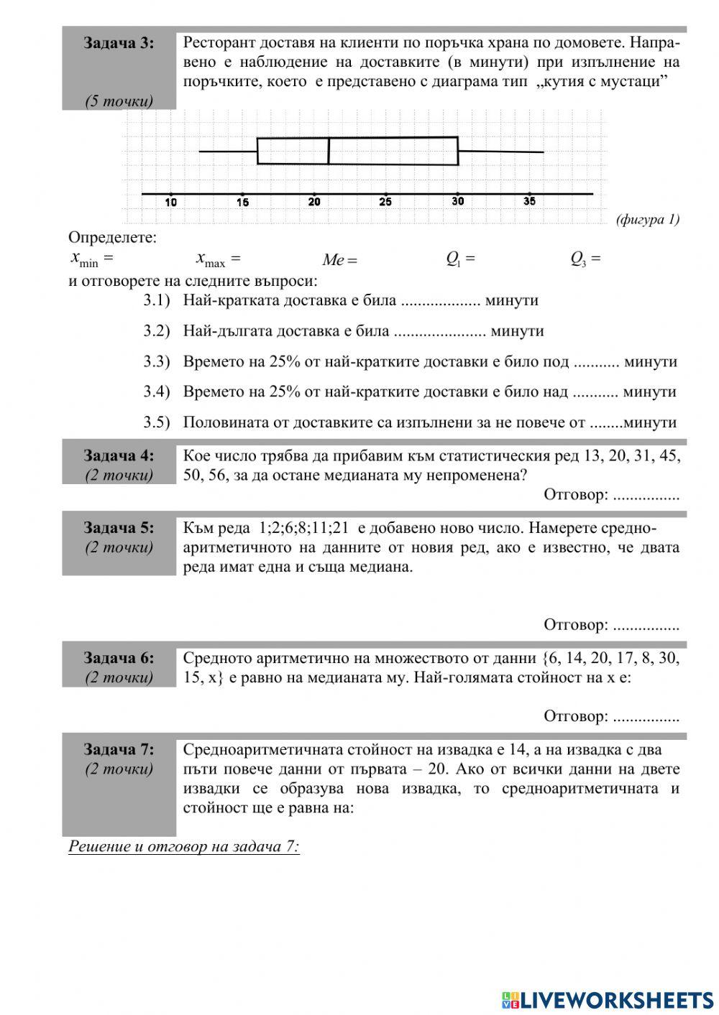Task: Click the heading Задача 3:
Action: pyautogui.click(x=119, y=43)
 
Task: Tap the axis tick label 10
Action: pyautogui.click(x=171, y=203)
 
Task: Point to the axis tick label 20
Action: pyautogui.click(x=314, y=202)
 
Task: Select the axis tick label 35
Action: pyautogui.click(x=529, y=201)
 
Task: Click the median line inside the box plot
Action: pyautogui.click(x=329, y=151)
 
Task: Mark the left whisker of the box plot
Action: pyautogui.click(x=228, y=151)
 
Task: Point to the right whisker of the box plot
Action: pyautogui.click(x=501, y=152)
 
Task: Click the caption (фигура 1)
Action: pyautogui.click(x=647, y=220)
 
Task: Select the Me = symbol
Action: pyautogui.click(x=339, y=260)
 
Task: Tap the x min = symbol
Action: pyautogui.click(x=91, y=258)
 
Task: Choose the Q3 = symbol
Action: pyautogui.click(x=585, y=259)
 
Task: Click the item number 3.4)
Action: pyautogui.click(x=157, y=391)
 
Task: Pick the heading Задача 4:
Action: pyautogui.click(x=119, y=455)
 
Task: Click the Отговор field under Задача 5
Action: pyautogui.click(x=610, y=625)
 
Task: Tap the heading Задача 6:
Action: pyautogui.click(x=119, y=658)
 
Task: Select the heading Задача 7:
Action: pyautogui.click(x=119, y=750)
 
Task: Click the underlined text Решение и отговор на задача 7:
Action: pyautogui.click(x=183, y=846)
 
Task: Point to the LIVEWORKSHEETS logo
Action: pyautogui.click(x=607, y=999)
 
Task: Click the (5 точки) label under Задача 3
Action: pyautogui.click(x=119, y=101)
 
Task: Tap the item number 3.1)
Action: pyautogui.click(x=157, y=300)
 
